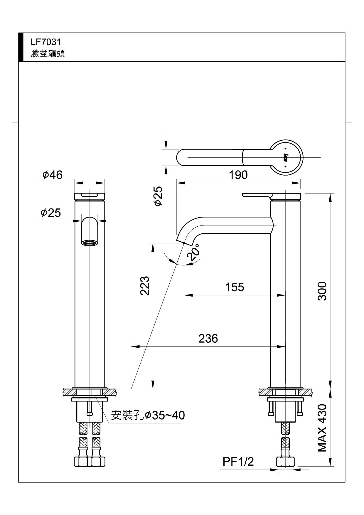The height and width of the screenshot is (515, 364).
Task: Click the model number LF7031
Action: click(46, 42)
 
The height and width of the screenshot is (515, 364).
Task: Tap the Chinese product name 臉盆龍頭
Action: click(48, 53)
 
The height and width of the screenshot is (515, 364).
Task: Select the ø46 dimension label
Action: click(53, 175)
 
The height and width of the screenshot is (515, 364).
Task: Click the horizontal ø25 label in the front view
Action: click(51, 213)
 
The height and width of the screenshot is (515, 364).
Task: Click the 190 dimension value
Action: click(238, 175)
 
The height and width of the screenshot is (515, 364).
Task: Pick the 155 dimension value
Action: click(235, 287)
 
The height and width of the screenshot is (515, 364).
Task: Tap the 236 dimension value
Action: click(208, 339)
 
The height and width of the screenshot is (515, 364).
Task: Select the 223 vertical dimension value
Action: click(145, 285)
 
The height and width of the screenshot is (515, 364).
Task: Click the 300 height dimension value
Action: click(322, 291)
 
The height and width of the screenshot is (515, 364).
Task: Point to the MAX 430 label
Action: click(322, 428)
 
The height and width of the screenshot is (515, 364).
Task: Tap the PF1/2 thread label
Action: click(238, 462)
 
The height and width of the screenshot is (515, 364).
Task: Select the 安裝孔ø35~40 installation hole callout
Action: click(148, 415)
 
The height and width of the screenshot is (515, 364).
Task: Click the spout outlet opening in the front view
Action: click(90, 243)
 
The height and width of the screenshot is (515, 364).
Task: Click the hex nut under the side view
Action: click(285, 462)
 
